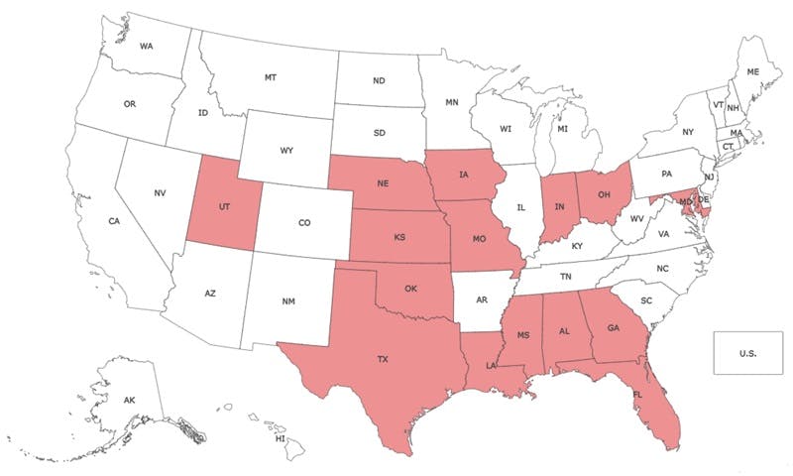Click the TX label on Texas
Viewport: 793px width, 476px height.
[383, 360]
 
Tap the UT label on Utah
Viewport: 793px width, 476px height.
[225, 208]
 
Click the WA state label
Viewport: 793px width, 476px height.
[147, 47]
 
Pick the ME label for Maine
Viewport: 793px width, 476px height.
[752, 72]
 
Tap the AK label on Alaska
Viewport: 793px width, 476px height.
[130, 400]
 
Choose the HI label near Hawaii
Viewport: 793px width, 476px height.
[281, 437]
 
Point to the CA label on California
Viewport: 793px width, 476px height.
[115, 221]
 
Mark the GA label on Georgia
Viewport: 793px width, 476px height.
[613, 328]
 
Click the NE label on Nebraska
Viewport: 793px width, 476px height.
[382, 183]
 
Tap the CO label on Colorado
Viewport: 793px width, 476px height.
[304, 224]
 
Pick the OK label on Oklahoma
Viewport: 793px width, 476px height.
[409, 290]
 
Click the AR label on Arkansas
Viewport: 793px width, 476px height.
[483, 297]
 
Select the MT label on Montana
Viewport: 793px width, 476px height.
[270, 77]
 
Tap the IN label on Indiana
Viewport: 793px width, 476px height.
[560, 206]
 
